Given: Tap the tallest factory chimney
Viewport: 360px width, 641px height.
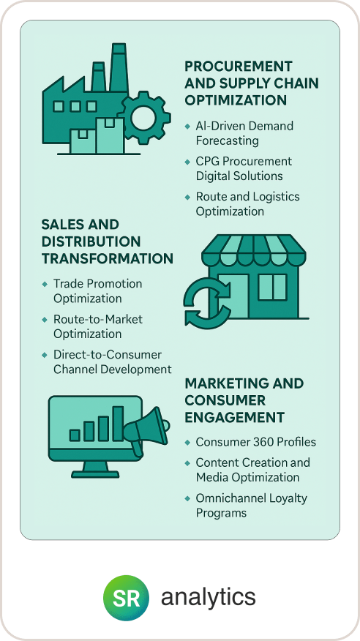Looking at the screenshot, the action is tap(119, 67).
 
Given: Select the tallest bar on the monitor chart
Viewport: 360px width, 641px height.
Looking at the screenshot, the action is tap(118, 424).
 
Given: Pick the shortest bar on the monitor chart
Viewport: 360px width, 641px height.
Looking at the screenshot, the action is tap(75, 435).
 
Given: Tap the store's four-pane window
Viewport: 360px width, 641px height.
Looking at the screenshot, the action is tap(272, 288).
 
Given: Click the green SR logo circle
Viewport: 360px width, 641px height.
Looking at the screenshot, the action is tap(127, 598).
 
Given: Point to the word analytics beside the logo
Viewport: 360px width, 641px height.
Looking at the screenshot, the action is tap(209, 598).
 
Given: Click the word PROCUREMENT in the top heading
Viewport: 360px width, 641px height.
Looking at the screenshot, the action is tap(239, 66).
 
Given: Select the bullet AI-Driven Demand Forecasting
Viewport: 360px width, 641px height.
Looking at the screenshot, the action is tap(244, 133).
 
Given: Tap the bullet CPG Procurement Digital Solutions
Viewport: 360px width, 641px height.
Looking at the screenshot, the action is tap(244, 168).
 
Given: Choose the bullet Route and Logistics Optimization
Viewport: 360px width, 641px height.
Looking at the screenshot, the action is tap(247, 203).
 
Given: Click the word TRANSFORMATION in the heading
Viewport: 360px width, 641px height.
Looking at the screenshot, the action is tap(108, 259).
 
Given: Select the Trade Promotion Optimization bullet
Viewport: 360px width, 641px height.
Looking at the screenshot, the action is tap(97, 291).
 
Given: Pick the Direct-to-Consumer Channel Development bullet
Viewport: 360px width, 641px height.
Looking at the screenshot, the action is tap(113, 361).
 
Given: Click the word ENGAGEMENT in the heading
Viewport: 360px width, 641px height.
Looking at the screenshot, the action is tap(235, 418).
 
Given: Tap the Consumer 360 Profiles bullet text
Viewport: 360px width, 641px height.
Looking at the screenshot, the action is tap(256, 442).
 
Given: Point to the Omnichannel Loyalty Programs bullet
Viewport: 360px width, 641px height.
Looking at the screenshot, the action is tap(251, 506).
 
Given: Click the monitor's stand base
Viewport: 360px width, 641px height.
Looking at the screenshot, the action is tap(95, 474).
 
